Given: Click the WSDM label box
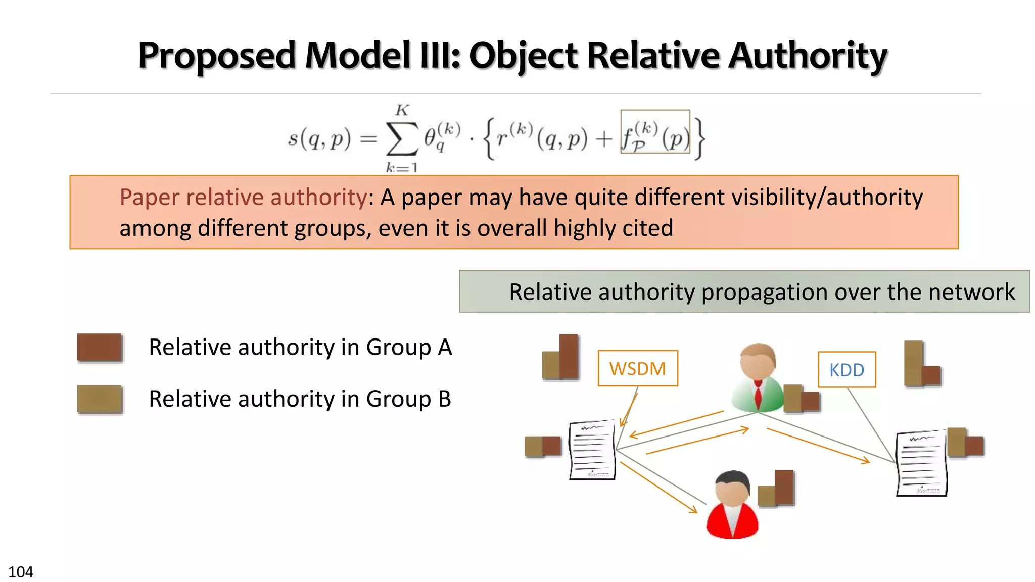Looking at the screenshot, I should pyautogui.click(x=637, y=368).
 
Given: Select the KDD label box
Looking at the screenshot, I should pyautogui.click(x=846, y=370).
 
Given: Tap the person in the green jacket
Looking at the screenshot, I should pyautogui.click(x=757, y=377).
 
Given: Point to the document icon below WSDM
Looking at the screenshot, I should pyautogui.click(x=592, y=450).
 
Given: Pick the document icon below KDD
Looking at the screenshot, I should pyautogui.click(x=921, y=463).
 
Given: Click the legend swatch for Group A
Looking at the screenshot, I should pyautogui.click(x=100, y=348).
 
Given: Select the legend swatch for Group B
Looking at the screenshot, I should pyautogui.click(x=100, y=399).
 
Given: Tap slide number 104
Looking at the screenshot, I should pyautogui.click(x=21, y=572).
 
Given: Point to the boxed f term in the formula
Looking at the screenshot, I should pyautogui.click(x=655, y=132).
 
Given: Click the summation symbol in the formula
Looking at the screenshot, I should pyautogui.click(x=402, y=138).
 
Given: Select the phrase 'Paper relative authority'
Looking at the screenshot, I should pyautogui.click(x=243, y=197).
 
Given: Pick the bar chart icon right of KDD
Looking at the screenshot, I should pyautogui.click(x=922, y=364).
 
